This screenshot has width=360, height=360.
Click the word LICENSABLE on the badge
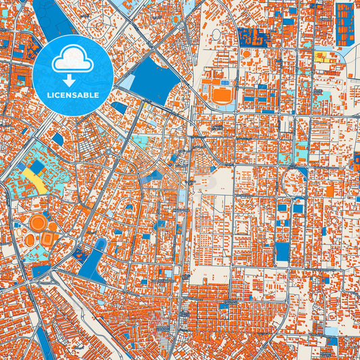click(x=72, y=95)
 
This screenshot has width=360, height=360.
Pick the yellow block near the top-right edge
click(x=321, y=57)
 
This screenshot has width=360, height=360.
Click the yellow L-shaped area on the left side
click(x=36, y=180)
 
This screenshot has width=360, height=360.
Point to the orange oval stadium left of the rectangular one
click(x=29, y=240)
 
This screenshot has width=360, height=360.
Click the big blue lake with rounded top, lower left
click(x=95, y=259)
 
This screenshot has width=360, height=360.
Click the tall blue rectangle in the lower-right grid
click(x=282, y=252)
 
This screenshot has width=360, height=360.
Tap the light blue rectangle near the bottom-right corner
click(x=330, y=331)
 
